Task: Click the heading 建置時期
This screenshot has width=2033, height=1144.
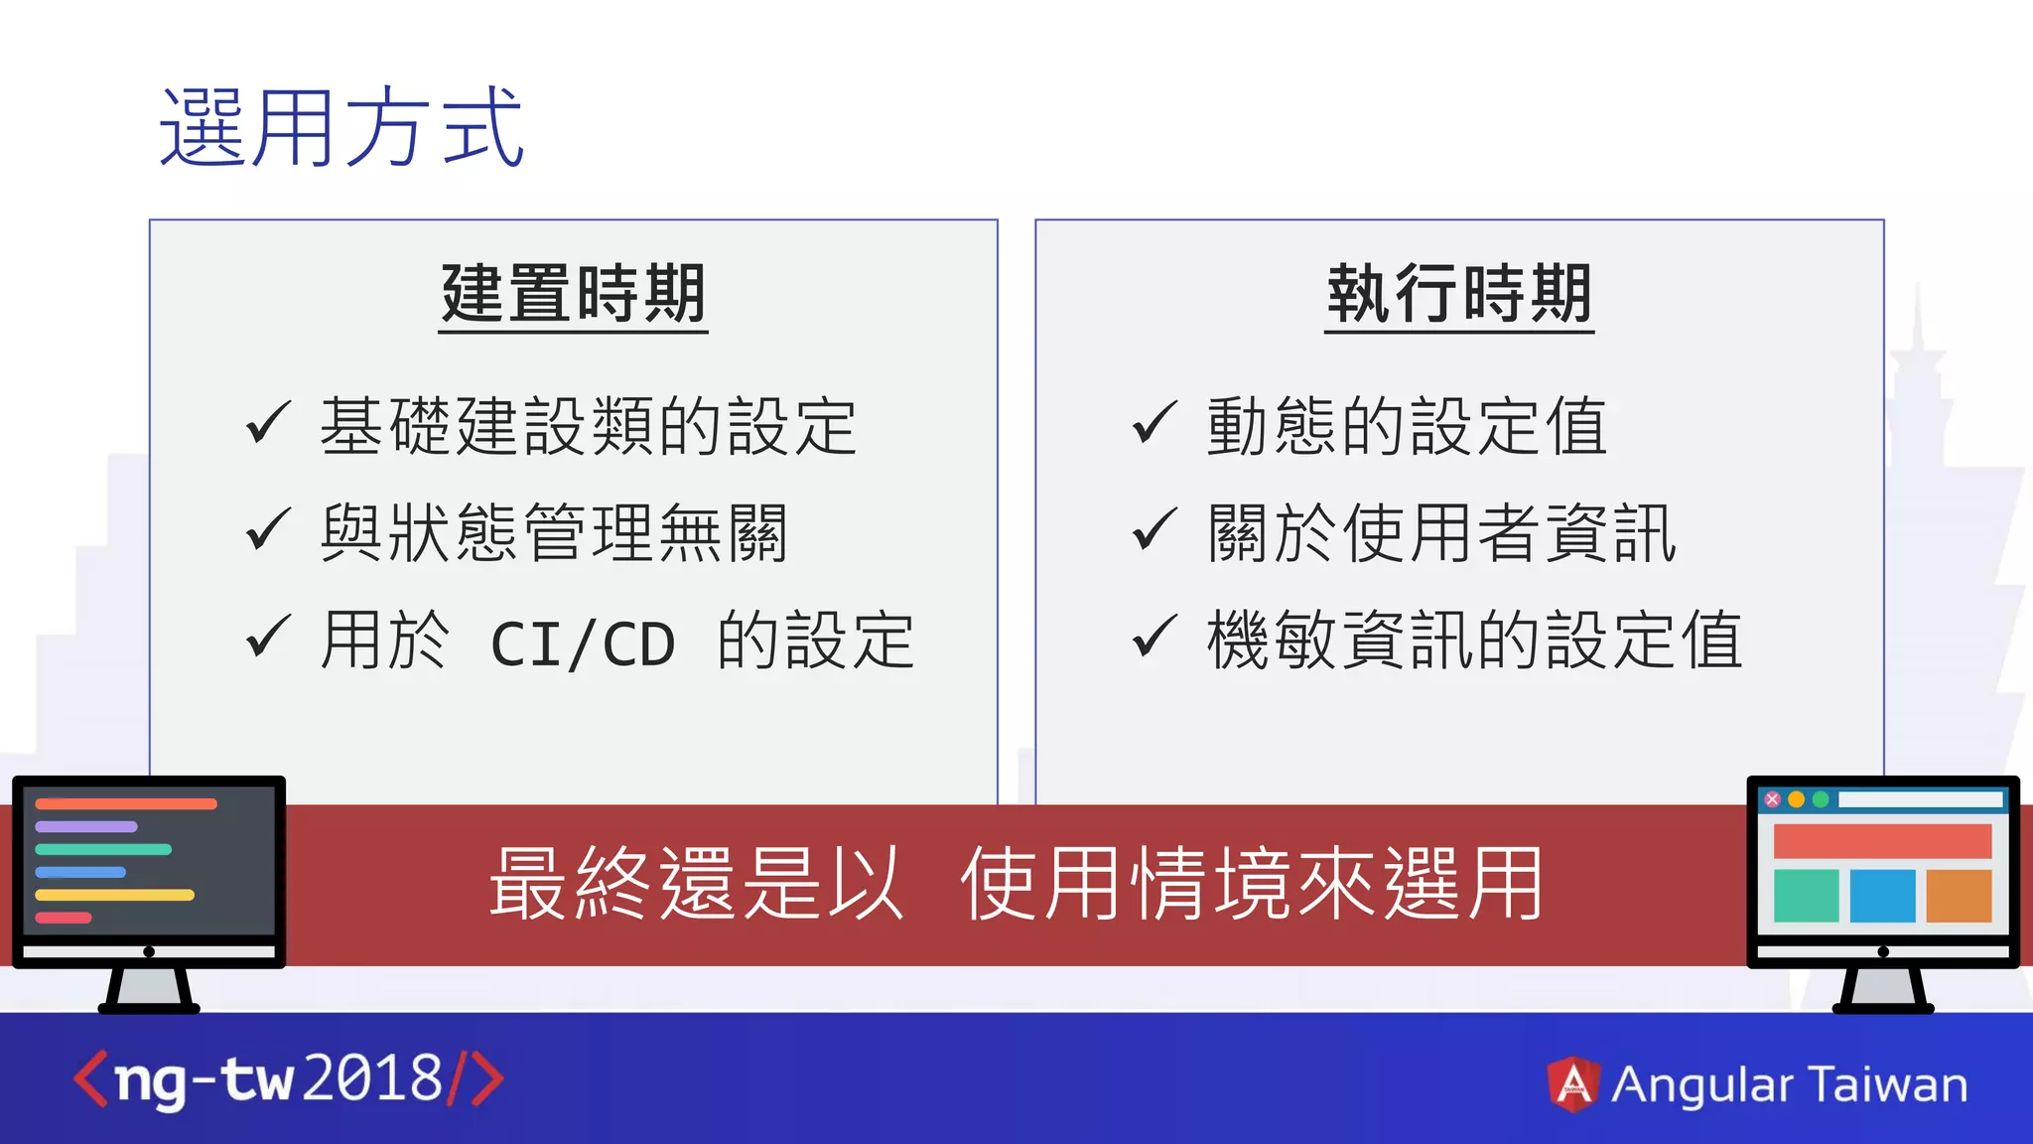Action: pos(573,294)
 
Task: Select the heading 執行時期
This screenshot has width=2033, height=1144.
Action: pos(1459,294)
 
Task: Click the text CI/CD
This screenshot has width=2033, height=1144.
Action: pos(584,644)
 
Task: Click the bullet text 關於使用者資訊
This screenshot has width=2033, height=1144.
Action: pos(1441,533)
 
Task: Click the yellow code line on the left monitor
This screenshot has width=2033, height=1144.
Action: pos(114,895)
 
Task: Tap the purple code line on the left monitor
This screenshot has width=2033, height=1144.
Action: pos(86,826)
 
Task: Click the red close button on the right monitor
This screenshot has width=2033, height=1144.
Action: pos(1772,799)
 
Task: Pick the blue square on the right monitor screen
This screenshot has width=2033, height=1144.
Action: pos(1882,896)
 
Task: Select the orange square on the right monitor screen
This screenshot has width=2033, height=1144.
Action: pos(1959,896)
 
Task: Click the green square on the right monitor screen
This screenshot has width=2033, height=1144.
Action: pos(1806,896)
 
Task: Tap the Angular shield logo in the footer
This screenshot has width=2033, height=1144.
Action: pos(1573,1083)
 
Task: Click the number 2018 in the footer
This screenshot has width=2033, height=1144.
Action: pos(372,1078)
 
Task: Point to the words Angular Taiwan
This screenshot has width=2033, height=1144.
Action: pos(1789,1084)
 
